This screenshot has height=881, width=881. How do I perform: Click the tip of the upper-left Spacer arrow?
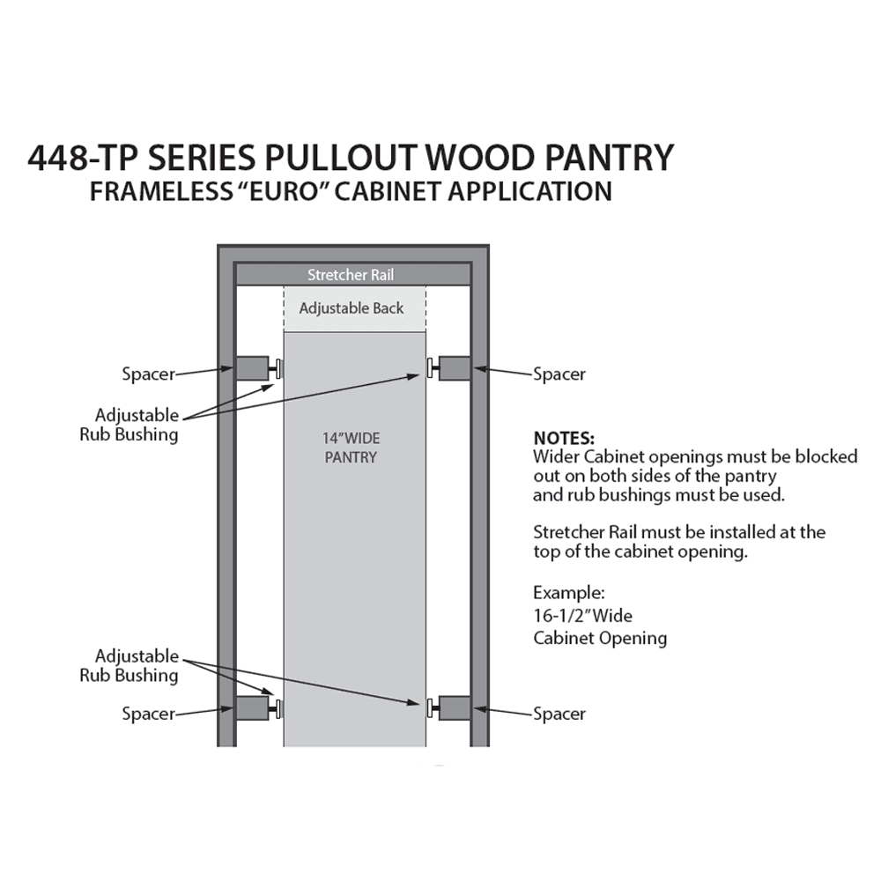pyautogui.click(x=233, y=368)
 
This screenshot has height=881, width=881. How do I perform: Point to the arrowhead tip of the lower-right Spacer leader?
pyautogui.click(x=473, y=708)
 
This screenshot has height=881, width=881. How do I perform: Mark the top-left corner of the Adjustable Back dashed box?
pyautogui.click(x=284, y=287)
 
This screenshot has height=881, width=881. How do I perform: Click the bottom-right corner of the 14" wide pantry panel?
pyautogui.click(x=426, y=746)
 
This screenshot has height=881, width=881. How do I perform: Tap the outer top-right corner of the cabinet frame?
pyautogui.click(x=489, y=244)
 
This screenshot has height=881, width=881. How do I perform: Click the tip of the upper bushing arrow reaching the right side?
pyautogui.click(x=420, y=375)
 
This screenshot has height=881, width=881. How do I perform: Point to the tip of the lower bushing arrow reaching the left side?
pyautogui.click(x=274, y=695)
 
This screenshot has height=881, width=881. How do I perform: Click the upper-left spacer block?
pyautogui.click(x=252, y=368)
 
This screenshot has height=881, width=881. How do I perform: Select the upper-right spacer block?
pyautogui.click(x=454, y=368)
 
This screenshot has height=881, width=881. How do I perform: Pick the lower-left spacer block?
pyautogui.click(x=252, y=708)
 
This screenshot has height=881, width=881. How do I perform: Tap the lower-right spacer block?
pyautogui.click(x=454, y=708)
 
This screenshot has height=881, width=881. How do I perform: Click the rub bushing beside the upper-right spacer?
pyautogui.click(x=433, y=368)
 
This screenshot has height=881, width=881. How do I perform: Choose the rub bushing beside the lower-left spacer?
pyautogui.click(x=275, y=708)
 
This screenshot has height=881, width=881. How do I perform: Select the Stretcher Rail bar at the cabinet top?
pyautogui.click(x=353, y=275)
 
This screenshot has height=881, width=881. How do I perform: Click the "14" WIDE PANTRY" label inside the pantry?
pyautogui.click(x=351, y=448)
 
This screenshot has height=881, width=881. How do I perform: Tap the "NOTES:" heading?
pyautogui.click(x=564, y=438)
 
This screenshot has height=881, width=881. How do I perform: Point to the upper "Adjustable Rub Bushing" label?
pyautogui.click(x=130, y=425)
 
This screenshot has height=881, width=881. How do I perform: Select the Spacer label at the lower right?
pyautogui.click(x=559, y=714)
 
